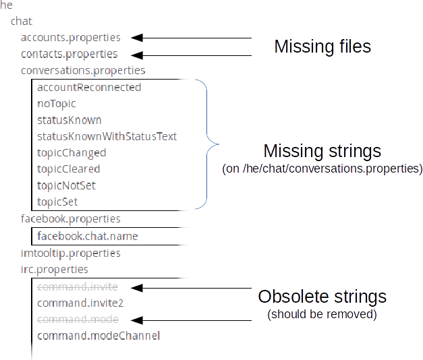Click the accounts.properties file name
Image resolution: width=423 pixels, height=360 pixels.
71,38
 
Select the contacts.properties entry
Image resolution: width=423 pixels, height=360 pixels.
69,55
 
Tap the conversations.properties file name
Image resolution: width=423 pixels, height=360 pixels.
83,71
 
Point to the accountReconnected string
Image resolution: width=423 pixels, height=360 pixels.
89,88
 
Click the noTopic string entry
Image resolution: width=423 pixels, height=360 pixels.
57,104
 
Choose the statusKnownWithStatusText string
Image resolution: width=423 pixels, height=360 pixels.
107,136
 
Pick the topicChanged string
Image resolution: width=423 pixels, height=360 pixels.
72,153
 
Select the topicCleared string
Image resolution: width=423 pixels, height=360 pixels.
69,169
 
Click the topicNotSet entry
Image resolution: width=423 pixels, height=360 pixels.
66,185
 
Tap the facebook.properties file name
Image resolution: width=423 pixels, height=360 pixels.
71,219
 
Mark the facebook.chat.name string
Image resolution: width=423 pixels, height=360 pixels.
88,236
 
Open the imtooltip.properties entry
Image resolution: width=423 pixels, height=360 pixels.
71,253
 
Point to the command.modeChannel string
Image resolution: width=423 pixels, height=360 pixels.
98,335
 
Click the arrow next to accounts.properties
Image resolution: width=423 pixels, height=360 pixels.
136,38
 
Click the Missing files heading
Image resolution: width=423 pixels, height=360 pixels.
322,47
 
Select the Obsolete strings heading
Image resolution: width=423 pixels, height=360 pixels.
322,297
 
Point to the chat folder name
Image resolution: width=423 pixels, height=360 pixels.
21,22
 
